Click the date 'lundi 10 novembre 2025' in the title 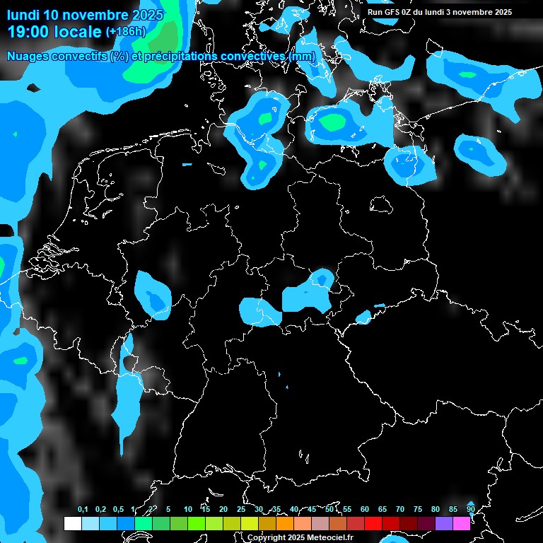85,15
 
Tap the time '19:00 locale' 54,32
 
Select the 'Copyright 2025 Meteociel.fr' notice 300,537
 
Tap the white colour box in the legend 72,523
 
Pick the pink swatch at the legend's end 461,523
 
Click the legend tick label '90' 471,509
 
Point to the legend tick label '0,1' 83,509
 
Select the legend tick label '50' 329,509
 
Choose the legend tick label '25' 241,509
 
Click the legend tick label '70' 400,509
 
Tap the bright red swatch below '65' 390,523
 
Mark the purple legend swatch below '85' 443,523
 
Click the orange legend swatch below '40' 284,523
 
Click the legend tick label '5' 168,509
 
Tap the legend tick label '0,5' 118,509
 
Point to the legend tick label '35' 276,509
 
